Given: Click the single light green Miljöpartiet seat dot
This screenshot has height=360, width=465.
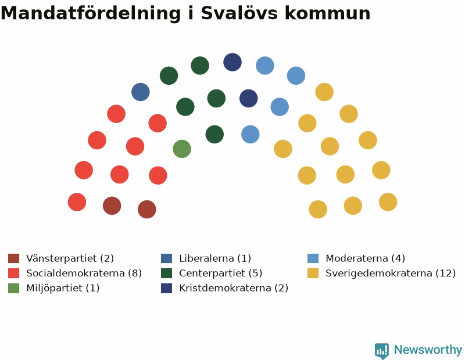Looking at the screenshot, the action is tap(182, 149).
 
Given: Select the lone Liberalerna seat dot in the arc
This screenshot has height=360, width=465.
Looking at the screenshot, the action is tap(141, 92).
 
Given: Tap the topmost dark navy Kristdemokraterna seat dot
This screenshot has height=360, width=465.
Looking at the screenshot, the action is tap(233, 62).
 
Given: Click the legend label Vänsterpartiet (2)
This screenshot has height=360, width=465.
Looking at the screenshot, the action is tap(70, 258).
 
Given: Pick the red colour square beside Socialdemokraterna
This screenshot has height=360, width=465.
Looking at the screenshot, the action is tap(13, 273).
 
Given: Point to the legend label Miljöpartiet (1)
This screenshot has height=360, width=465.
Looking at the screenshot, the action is tap(63, 288).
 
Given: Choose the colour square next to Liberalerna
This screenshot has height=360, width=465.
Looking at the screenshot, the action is tap(166, 258).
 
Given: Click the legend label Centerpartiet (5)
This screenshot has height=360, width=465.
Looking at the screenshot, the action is tap(221, 273).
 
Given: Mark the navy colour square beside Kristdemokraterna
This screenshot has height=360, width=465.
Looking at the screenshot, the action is tap(166, 288).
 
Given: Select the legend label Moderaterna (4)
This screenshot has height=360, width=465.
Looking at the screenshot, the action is tap(366, 258).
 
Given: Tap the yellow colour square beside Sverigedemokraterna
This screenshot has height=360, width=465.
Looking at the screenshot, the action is tap(313, 273).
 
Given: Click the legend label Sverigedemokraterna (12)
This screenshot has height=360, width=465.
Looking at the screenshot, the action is tap(391, 273).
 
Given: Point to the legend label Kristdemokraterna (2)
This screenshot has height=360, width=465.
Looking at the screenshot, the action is tap(234, 288).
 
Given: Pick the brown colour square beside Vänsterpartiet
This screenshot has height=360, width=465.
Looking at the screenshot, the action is tap(13, 258).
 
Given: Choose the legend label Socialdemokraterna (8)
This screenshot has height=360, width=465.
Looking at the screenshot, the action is tap(84, 273).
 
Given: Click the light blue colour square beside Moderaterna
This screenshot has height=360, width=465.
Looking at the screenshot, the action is tap(313, 258).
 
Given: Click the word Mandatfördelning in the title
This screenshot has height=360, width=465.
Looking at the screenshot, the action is tap(91, 13).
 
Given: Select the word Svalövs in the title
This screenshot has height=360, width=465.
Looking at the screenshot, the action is tap(239, 13).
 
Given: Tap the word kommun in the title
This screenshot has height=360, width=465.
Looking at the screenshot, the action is tap(328, 13).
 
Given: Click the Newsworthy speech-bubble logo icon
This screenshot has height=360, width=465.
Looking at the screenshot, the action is tap(382, 351).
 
